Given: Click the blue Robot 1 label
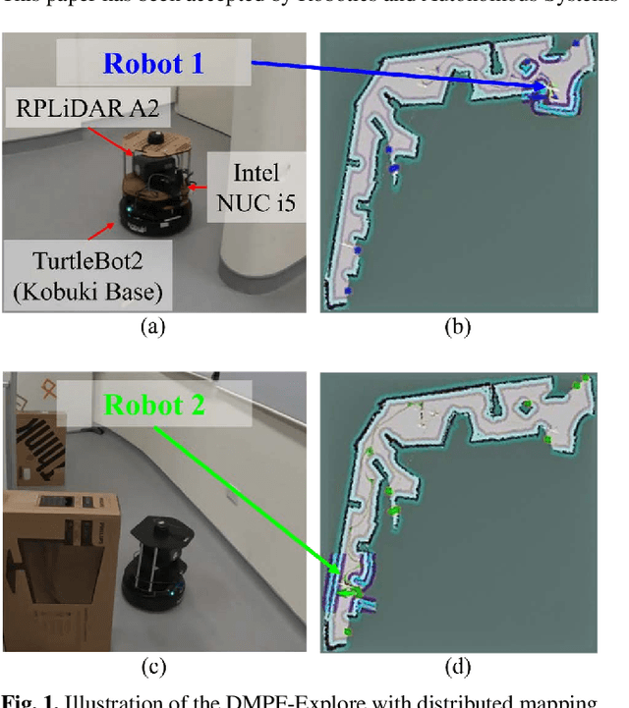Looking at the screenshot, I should (153, 64).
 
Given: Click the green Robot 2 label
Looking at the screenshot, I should (154, 404).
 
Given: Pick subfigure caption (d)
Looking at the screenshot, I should (458, 667).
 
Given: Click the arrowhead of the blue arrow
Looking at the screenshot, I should (543, 90).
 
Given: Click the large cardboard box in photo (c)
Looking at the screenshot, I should (61, 565).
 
